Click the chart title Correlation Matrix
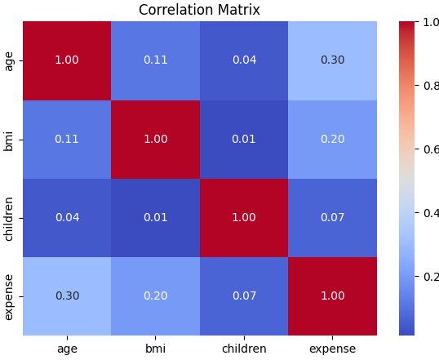point(199,10)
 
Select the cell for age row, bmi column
point(155,60)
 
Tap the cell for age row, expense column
point(332,60)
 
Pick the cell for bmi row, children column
point(244,140)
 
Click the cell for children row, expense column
point(332,218)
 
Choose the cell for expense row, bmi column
point(155,296)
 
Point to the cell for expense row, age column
point(67,296)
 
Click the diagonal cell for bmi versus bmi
point(155,140)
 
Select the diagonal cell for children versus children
point(244,218)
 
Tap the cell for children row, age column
point(67,218)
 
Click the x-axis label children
point(244,349)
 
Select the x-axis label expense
point(333,349)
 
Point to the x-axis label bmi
point(155,349)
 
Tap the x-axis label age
point(67,350)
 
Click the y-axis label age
point(9,61)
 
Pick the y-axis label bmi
point(8,141)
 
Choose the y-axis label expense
point(9,297)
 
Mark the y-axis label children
point(8,219)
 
